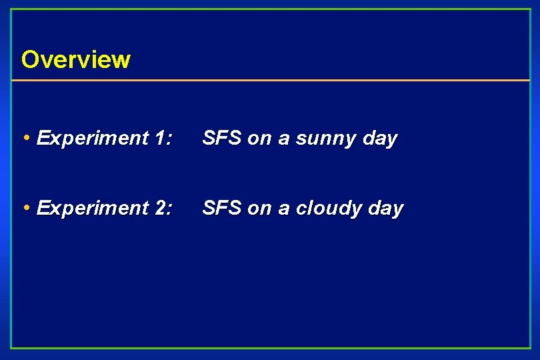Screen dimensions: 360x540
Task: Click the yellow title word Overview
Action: pyautogui.click(x=75, y=59)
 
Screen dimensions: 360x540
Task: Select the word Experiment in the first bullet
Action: pyautogui.click(x=92, y=139)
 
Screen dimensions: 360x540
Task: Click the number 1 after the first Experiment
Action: pyautogui.click(x=160, y=139)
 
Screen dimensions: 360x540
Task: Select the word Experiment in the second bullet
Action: pyautogui.click(x=92, y=208)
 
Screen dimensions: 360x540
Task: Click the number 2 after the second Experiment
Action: pyautogui.click(x=161, y=208)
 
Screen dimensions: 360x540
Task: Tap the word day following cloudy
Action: pyautogui.click(x=386, y=209)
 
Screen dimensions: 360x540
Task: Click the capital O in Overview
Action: pyautogui.click(x=30, y=59)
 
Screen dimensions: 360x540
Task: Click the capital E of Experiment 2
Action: pyautogui.click(x=44, y=208)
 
